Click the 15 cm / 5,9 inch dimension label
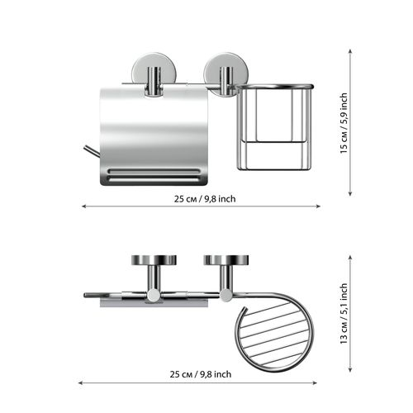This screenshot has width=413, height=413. click(x=344, y=123)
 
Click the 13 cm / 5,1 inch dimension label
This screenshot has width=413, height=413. click(x=344, y=314)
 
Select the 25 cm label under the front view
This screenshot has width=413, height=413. click(x=205, y=199)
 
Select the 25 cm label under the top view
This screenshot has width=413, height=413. click(x=201, y=374)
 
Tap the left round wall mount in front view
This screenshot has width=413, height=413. click(x=154, y=74)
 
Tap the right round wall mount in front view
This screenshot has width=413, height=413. click(x=226, y=75)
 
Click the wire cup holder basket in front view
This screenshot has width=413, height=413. click(x=275, y=126)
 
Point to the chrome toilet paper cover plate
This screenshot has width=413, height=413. click(x=154, y=135)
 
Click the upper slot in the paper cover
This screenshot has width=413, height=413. click(x=154, y=171)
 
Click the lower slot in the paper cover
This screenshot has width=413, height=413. click(x=154, y=180)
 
